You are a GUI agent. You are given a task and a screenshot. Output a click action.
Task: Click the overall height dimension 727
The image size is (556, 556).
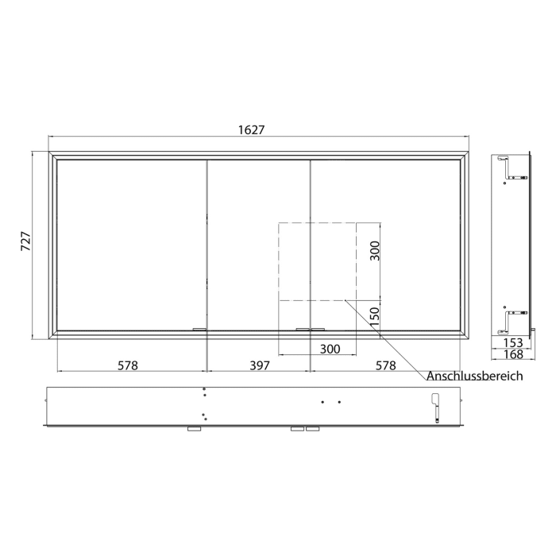coord(24,242)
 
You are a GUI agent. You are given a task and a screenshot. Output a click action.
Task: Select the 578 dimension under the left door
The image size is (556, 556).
coord(128,365)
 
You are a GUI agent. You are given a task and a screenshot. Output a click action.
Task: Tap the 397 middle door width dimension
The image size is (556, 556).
coord(260,365)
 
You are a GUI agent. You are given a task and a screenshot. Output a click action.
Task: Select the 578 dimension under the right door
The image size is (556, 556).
coord(385,365)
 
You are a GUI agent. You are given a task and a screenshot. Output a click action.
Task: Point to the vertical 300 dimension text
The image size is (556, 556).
coord(376,252)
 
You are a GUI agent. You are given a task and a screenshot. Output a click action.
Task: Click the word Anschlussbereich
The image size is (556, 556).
coord(475,376)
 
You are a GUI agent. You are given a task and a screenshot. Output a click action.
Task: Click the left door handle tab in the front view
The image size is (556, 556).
coord(199,328)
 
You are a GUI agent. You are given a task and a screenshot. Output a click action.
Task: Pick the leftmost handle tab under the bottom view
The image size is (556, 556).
coord(194,429)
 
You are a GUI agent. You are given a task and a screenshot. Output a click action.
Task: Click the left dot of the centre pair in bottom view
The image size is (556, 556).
coord(322,402)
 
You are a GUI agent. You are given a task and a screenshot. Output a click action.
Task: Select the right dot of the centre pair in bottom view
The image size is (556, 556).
coord(339,402)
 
